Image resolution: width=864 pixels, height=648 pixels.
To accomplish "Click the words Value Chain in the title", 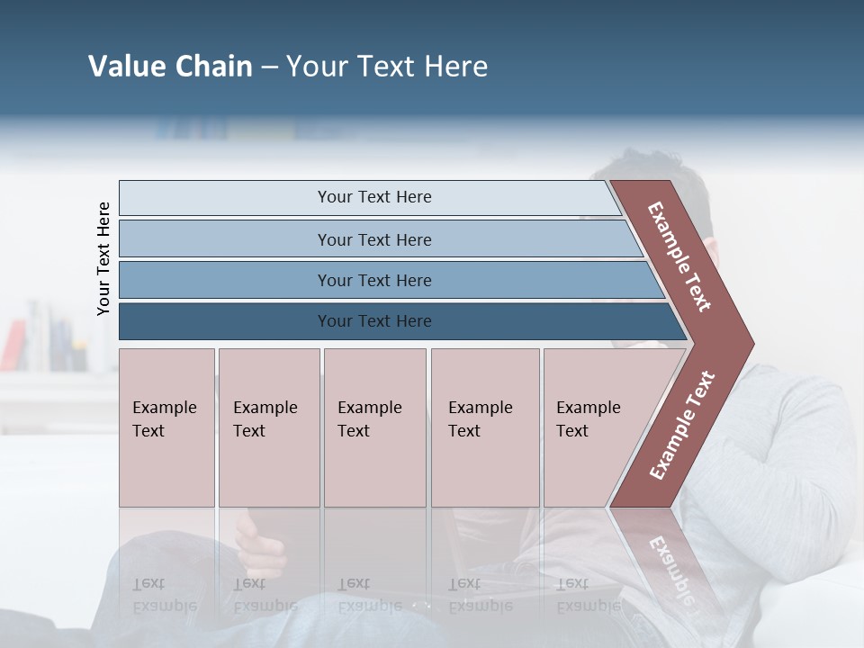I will [170, 67].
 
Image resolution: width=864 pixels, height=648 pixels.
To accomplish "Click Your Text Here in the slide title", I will [387, 67].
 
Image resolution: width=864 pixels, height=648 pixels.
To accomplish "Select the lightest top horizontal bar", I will [369, 197].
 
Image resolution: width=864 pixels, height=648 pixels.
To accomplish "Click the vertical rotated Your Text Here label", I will [103, 258].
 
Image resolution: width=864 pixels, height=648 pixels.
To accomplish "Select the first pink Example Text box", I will [166, 427].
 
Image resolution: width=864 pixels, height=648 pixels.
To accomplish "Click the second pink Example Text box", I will [268, 427].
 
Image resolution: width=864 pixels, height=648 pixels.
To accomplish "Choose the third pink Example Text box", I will [374, 427].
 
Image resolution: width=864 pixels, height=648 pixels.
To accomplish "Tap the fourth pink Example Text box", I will [484, 427].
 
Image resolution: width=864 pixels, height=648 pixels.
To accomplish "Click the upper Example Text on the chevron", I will [679, 256].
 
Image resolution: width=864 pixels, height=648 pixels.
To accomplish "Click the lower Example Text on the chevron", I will [682, 426].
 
